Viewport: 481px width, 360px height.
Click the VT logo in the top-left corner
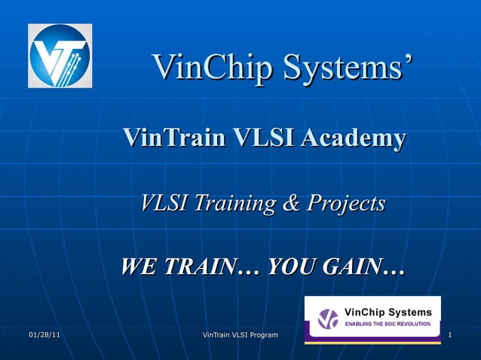click(x=60, y=56)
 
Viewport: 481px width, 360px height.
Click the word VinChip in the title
click(x=213, y=69)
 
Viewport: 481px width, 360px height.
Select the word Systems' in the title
click(x=348, y=69)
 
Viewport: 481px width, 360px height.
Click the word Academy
click(x=353, y=139)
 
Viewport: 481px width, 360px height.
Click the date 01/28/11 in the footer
click(x=44, y=334)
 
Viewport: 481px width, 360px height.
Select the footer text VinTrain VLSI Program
click(x=240, y=334)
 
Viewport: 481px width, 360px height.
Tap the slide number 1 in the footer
click(x=449, y=334)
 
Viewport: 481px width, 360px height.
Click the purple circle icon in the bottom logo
click(x=328, y=319)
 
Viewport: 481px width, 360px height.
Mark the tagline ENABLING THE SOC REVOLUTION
click(x=388, y=324)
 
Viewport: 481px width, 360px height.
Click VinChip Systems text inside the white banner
click(x=388, y=312)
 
